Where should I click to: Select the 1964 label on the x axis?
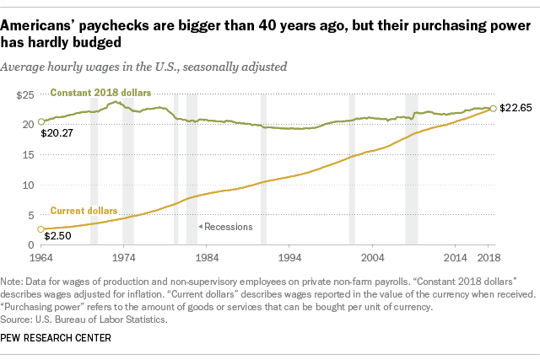tap(39, 256)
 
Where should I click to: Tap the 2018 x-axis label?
tap(490, 256)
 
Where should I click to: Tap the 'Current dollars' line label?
tap(84, 210)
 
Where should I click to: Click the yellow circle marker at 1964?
tap(39, 229)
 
